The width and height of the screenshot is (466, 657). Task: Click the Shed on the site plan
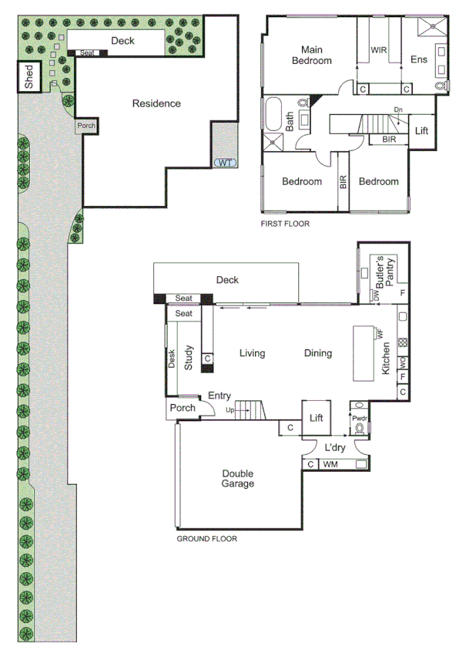click(x=29, y=78)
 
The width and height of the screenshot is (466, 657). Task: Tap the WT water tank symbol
click(x=224, y=162)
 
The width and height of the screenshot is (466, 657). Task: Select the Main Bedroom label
click(x=310, y=55)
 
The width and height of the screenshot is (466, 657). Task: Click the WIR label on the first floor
click(x=378, y=49)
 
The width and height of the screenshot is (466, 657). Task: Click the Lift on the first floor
click(x=421, y=131)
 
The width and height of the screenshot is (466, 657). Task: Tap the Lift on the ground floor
click(x=316, y=418)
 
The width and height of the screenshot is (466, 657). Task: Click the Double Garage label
click(x=238, y=479)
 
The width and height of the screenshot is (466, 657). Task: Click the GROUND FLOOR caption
click(x=206, y=539)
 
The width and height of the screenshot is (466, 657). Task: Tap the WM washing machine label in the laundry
click(x=330, y=464)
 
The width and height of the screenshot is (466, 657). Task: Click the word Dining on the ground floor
click(x=317, y=354)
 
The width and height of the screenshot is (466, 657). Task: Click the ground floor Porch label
click(x=183, y=409)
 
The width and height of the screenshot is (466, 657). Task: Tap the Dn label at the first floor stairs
click(x=398, y=110)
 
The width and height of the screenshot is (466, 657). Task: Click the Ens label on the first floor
click(x=418, y=60)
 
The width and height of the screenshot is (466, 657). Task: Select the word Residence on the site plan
click(x=156, y=103)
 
